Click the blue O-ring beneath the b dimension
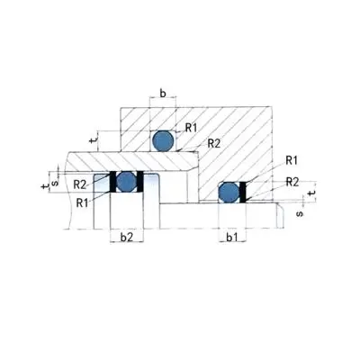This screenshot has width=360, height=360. [163, 140]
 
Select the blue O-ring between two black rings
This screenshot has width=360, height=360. [127, 181]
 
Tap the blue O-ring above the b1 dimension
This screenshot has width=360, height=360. [229, 192]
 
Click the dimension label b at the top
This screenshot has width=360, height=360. [163, 94]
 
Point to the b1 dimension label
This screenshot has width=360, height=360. [232, 238]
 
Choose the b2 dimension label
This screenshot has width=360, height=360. [127, 238]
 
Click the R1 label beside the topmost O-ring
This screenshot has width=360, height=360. [191, 128]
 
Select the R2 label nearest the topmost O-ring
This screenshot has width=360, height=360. [214, 144]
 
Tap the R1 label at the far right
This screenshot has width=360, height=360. [292, 160]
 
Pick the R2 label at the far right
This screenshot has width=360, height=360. [292, 182]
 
